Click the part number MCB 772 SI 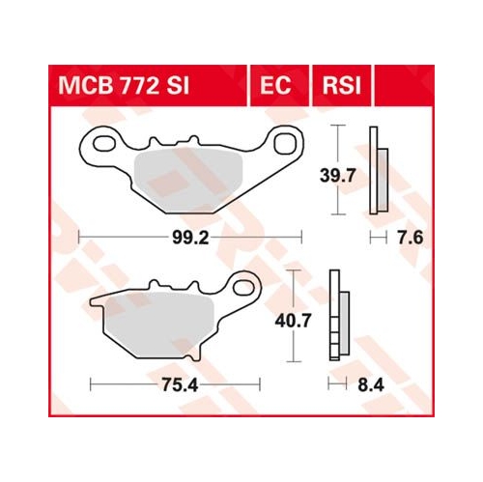tap(124, 86)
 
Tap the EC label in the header tap(275, 86)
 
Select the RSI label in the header tap(342, 86)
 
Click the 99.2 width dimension tap(190, 239)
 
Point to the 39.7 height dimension tap(337, 176)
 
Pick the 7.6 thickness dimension tap(410, 239)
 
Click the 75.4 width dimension tap(180, 384)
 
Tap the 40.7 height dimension tap(293, 321)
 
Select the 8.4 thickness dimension tap(371, 384)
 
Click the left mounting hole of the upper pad tap(104, 144)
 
